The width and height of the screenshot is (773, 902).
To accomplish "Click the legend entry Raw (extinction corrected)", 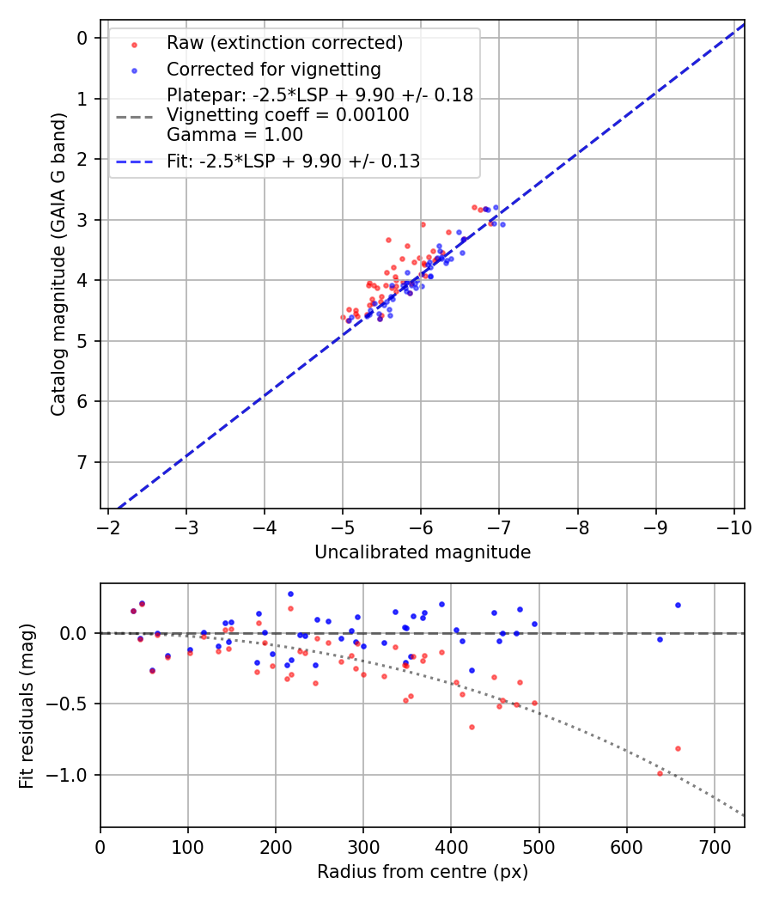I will tap(284, 43).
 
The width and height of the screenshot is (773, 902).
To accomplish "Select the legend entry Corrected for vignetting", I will tap(273, 69).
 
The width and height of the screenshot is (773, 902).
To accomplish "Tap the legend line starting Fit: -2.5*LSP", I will tap(293, 161).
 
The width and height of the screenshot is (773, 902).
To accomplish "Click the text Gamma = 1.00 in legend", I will tap(234, 134).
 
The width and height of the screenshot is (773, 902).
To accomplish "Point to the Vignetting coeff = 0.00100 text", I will tap(288, 114).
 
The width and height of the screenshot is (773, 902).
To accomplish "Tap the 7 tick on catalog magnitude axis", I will tap(83, 462).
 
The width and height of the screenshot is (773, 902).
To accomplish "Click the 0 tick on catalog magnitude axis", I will tap(83, 38).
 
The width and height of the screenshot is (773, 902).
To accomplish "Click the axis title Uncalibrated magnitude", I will tap(422, 552).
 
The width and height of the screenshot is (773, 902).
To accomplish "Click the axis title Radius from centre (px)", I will tap(422, 872).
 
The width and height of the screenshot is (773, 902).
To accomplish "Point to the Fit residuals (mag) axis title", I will tap(27, 705).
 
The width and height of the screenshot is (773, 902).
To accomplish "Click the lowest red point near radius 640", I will tap(660, 773).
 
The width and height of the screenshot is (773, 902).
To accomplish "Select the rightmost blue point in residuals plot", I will tap(678, 605).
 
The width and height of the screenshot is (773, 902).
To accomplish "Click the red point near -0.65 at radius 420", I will tap(472, 727).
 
